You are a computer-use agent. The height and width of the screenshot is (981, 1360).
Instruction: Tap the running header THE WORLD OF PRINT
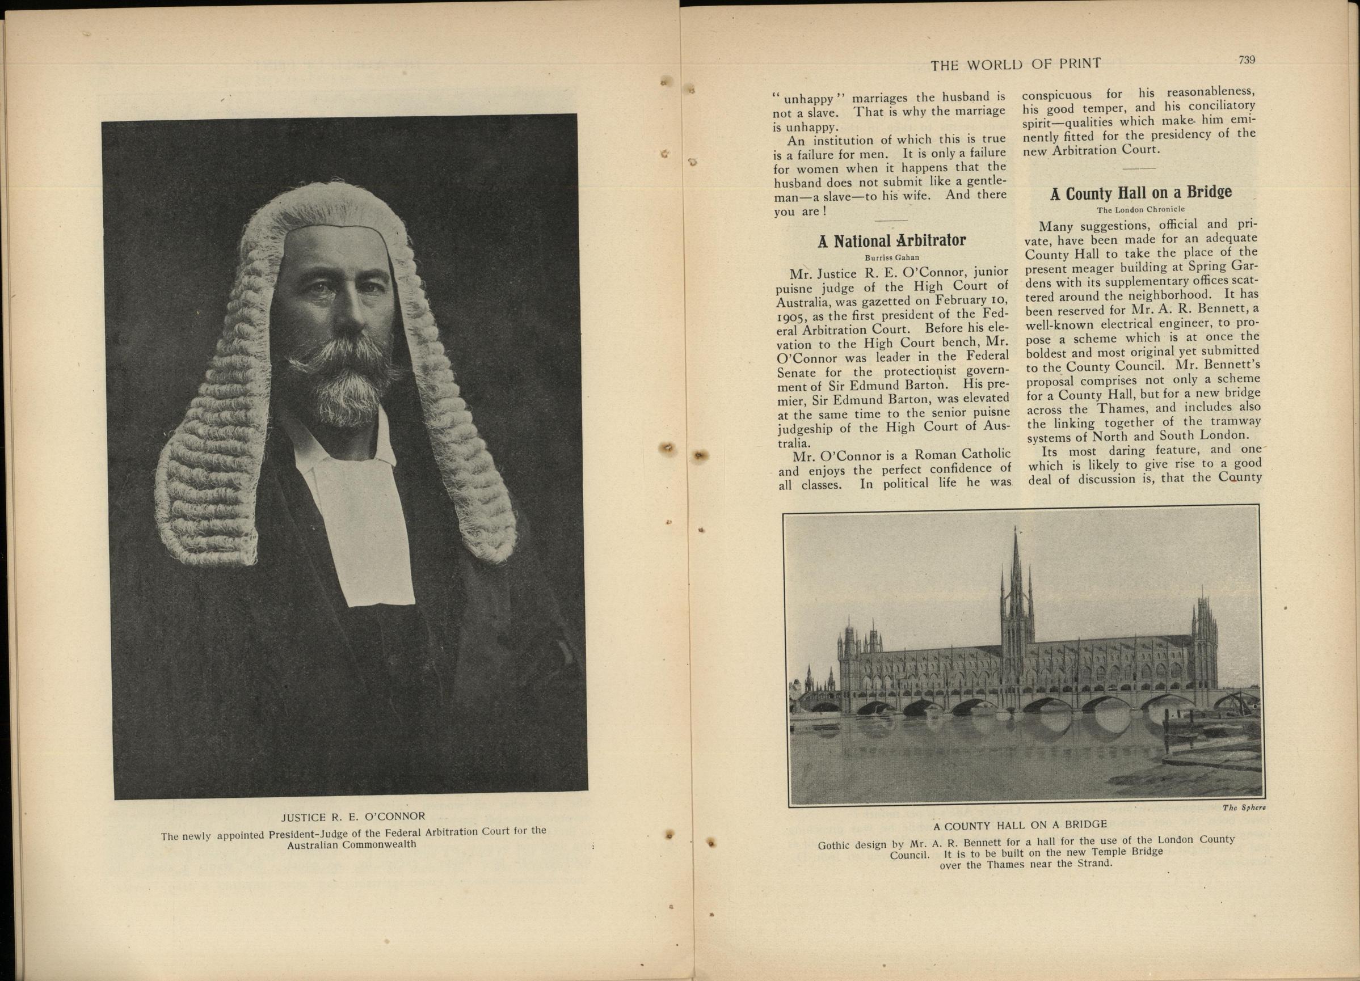1015,64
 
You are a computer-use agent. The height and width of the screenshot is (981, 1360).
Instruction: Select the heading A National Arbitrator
892,241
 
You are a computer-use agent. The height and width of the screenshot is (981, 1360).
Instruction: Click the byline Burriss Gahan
892,257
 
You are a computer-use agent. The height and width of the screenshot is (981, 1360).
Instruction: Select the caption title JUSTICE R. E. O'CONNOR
353,816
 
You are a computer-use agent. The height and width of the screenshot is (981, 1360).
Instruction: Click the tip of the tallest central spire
1014,531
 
